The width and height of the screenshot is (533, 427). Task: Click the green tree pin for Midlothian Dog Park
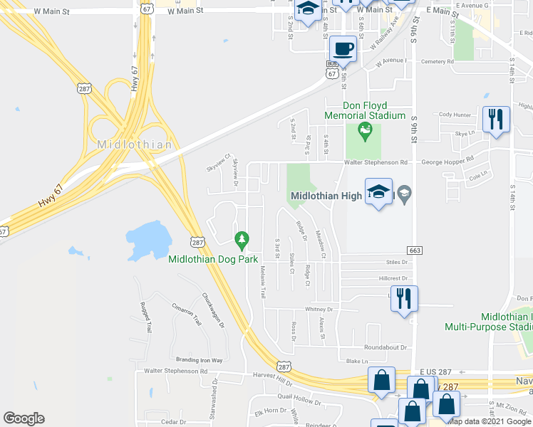(242, 240)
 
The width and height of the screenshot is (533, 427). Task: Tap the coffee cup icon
(343, 48)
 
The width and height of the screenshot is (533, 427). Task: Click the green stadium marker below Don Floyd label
(366, 130)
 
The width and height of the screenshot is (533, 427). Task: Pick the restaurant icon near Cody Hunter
(495, 119)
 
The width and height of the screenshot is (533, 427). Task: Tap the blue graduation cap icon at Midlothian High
(378, 191)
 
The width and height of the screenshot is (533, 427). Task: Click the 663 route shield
(415, 251)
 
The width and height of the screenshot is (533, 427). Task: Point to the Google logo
(24, 418)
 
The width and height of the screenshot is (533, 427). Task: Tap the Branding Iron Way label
(194, 360)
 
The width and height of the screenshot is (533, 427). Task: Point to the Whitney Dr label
(319, 310)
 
